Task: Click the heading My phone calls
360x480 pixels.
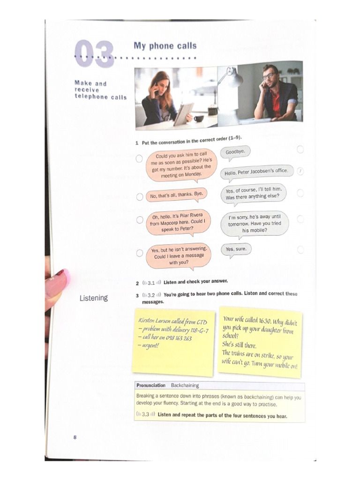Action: coord(165,46)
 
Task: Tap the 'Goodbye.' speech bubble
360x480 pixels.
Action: coord(235,153)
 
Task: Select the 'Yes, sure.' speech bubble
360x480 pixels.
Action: coord(236,249)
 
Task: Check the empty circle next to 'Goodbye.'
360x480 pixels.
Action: coord(300,149)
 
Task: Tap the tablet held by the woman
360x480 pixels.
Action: coord(183,114)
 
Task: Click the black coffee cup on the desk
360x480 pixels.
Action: coord(199,118)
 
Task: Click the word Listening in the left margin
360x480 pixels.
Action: coord(93,298)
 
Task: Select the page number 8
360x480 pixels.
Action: coord(75,437)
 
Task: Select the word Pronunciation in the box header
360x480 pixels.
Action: coord(151,385)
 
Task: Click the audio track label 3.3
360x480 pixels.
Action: coord(145,415)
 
